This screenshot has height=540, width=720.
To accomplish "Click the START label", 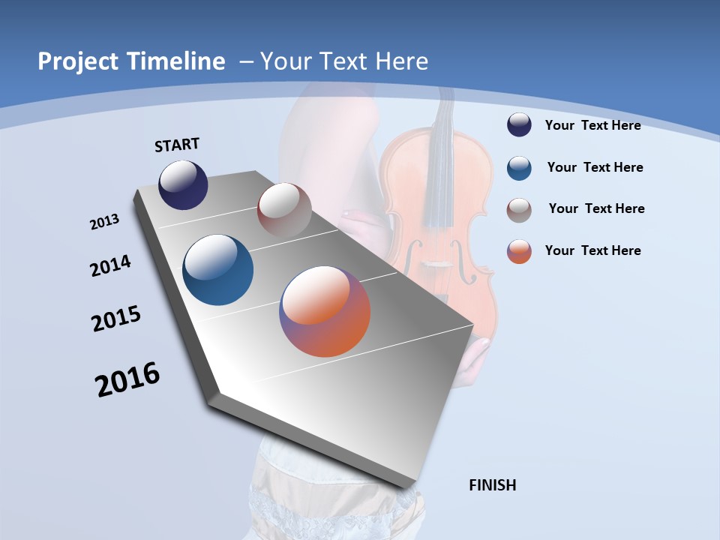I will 177,144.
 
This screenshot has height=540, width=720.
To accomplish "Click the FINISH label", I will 493,485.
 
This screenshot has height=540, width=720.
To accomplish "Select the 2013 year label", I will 105,222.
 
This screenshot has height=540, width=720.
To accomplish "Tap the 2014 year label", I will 111,266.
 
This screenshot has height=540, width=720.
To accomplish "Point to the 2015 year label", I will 116,319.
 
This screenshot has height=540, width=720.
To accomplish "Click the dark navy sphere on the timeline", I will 183,184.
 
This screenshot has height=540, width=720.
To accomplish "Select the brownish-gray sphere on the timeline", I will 284,210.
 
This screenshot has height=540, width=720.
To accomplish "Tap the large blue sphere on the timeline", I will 218,270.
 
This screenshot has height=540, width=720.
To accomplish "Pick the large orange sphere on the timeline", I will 325,310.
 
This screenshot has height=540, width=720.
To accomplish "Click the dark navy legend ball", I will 519,124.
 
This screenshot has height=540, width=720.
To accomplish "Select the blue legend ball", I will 519,167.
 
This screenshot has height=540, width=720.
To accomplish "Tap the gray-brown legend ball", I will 519,209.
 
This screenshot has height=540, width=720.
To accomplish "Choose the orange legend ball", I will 519,251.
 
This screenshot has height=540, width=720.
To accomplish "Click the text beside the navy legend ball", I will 592,125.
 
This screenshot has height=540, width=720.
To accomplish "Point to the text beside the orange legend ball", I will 592,250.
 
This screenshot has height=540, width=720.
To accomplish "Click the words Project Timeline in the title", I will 131,61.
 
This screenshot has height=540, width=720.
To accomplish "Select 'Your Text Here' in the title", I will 344,61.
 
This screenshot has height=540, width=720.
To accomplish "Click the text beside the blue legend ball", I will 595,167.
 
